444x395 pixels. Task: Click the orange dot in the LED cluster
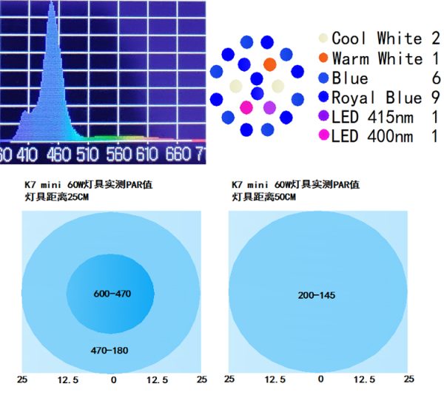point(269,64)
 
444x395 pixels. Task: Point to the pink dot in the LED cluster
point(246,108)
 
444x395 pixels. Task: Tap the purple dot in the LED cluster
point(269,108)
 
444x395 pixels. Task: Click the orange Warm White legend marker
point(323,58)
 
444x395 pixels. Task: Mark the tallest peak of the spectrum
point(52,6)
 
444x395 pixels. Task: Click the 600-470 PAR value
point(112,294)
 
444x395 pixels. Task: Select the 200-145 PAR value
point(317,295)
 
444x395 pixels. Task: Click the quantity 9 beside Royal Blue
point(435,98)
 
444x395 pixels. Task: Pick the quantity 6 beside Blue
point(435,78)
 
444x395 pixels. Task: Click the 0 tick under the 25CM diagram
point(113,379)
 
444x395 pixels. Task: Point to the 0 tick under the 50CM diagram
point(320,379)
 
